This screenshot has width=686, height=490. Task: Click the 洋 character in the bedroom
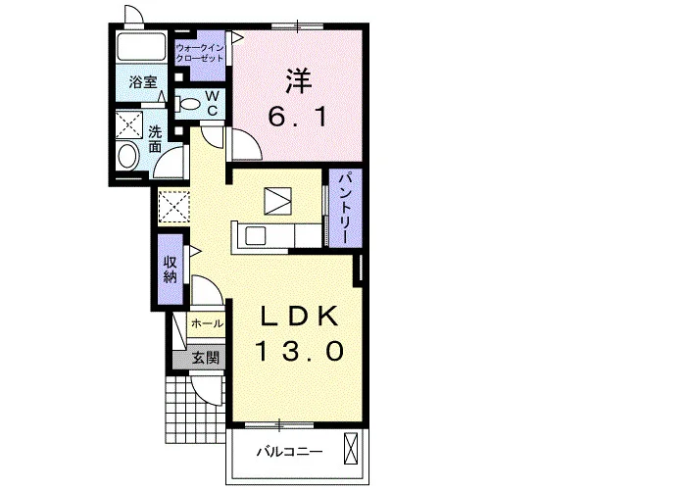pyautogui.click(x=299, y=81)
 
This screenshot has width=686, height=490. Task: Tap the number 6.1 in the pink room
pyautogui.click(x=298, y=117)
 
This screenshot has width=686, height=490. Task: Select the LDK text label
pyautogui.click(x=300, y=316)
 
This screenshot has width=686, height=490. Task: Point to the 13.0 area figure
pyautogui.click(x=300, y=351)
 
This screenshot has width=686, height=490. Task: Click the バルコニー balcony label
pyautogui.click(x=290, y=451)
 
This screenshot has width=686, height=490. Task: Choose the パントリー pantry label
pyautogui.click(x=346, y=208)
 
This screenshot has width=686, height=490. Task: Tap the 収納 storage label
pyautogui.click(x=171, y=269)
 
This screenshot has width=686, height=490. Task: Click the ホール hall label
pyautogui.click(x=208, y=323)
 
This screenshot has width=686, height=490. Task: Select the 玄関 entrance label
pyautogui.click(x=206, y=359)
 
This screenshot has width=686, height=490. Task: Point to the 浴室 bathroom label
pyautogui.click(x=143, y=81)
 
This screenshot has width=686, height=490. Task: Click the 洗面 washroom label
pyautogui.click(x=155, y=139)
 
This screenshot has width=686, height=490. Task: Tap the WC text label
pyautogui.click(x=213, y=103)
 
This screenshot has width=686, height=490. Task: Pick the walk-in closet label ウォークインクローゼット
pyautogui.click(x=200, y=53)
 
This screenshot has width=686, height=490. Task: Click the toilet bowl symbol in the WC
pyautogui.click(x=187, y=104)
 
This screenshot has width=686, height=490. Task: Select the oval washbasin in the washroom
pyautogui.click(x=127, y=156)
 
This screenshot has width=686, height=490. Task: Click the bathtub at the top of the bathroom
pyautogui.click(x=141, y=47)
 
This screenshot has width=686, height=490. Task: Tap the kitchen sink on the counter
pyautogui.click(x=256, y=236)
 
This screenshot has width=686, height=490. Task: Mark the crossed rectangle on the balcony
pyautogui.click(x=351, y=448)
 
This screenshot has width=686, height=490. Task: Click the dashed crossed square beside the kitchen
pyautogui.click(x=173, y=207)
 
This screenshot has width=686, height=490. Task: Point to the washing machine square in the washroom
pyautogui.click(x=129, y=125)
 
